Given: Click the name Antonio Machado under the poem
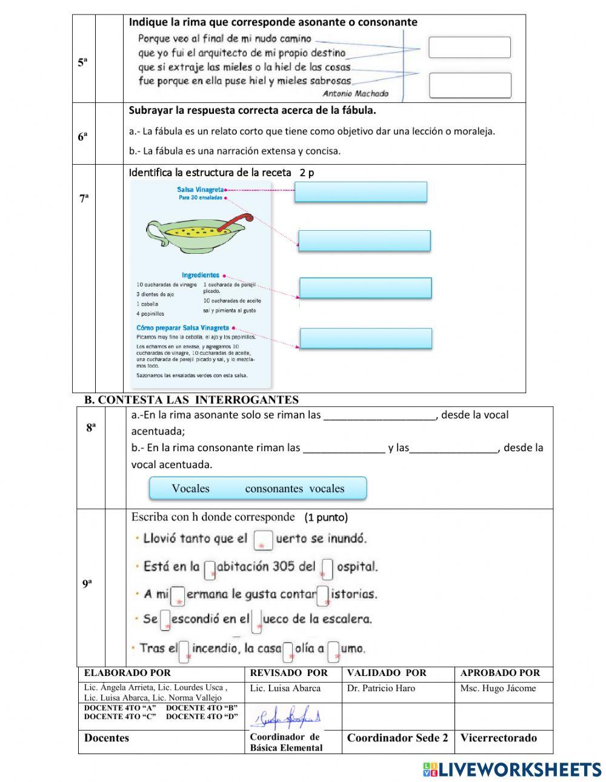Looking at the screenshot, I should [355, 93].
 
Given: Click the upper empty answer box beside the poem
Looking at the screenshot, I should [469, 47].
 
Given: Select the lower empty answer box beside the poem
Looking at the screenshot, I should [470, 85].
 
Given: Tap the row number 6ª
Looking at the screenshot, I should [83, 137].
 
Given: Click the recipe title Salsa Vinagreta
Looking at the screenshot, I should [200, 190].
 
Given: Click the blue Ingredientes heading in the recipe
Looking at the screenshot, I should [200, 275].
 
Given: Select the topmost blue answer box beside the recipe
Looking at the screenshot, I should [361, 192].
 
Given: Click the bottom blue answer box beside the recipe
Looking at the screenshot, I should [365, 339].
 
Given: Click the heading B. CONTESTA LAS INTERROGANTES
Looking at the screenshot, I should [191, 400].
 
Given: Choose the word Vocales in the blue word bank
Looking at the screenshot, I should [190, 489].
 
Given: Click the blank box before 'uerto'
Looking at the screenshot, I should [263, 540].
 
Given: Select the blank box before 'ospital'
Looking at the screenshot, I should [327, 568].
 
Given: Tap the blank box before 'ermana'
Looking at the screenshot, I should [178, 595].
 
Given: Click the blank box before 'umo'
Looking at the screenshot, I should [333, 652].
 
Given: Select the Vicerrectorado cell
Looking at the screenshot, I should [498, 738].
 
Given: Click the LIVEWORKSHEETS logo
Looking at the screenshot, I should [512, 769].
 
